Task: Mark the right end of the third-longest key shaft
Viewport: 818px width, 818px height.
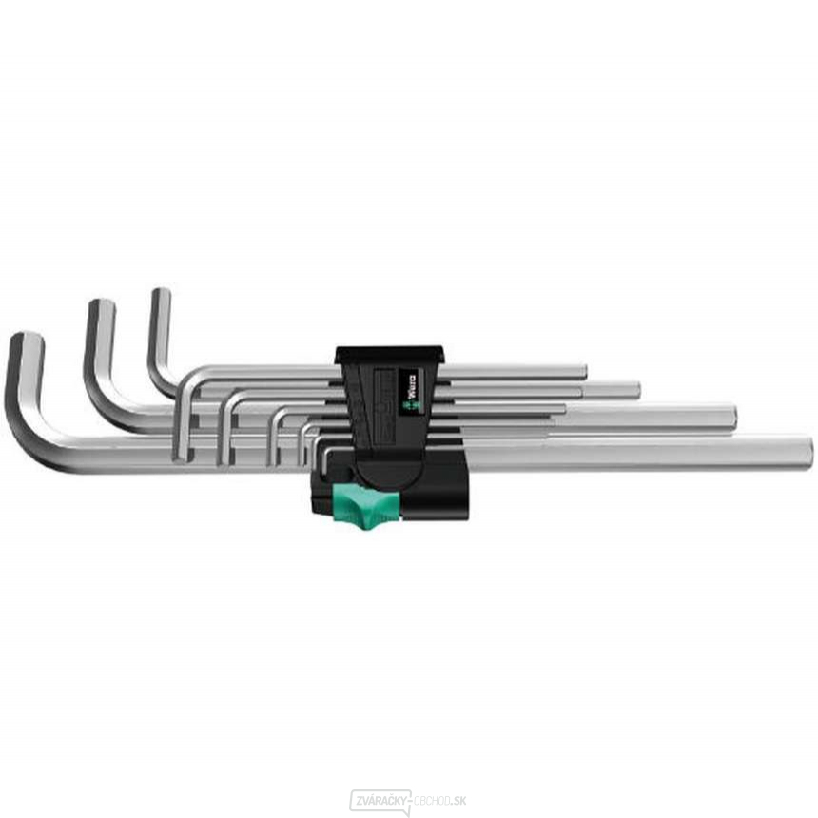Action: pyautogui.click(x=634, y=390)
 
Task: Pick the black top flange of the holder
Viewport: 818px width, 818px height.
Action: pyautogui.click(x=389, y=354)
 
